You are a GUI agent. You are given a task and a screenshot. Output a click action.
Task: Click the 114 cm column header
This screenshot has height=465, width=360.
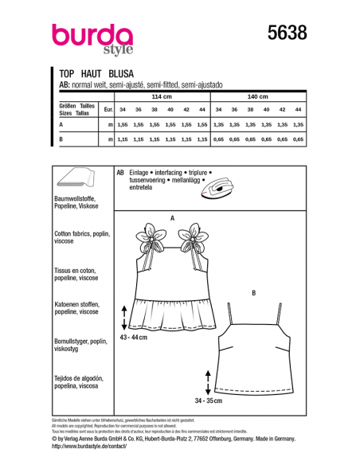coord(162,96)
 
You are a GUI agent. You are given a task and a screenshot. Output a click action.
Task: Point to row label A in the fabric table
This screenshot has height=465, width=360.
coord(61,125)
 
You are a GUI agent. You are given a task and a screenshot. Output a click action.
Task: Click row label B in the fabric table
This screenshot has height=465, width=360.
coord(61,139)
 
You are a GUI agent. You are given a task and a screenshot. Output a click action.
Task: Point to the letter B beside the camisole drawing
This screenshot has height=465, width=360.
coord(253,293)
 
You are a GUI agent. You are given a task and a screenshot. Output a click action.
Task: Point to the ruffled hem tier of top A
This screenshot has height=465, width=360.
coord(170,315)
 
